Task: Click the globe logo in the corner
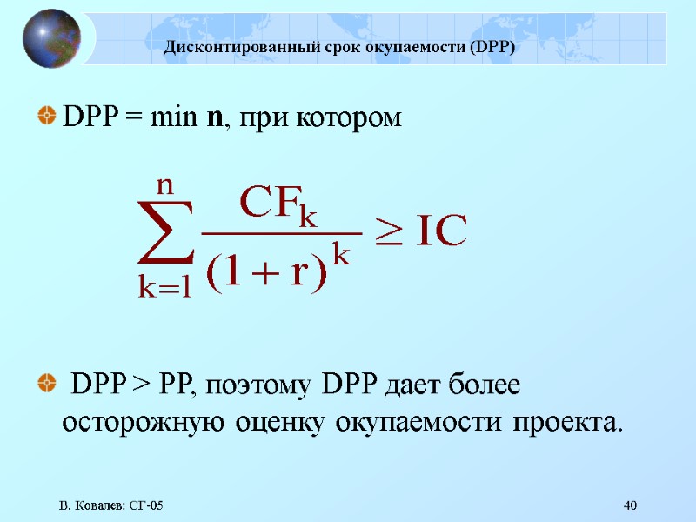click(51, 38)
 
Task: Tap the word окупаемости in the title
click(421, 47)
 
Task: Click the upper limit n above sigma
click(164, 185)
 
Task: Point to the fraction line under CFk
click(280, 233)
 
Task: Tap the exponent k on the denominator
click(342, 255)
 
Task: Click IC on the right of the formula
click(441, 231)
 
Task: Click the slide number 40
click(632, 505)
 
